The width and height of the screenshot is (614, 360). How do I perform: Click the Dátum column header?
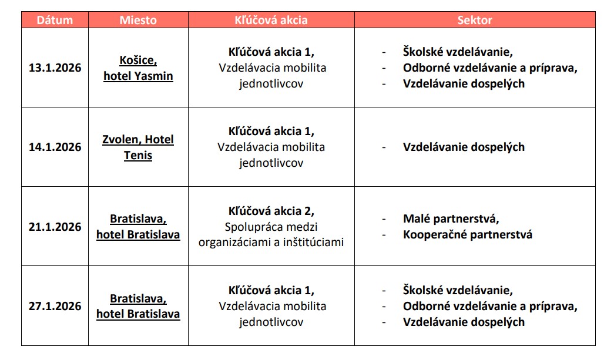pos(55,20)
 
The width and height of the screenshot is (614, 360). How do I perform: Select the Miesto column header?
pos(138,20)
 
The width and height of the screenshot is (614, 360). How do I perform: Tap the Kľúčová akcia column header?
pos(271,20)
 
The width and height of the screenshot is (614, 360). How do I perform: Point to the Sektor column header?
pos(475,20)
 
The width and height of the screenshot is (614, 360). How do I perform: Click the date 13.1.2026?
pos(55,68)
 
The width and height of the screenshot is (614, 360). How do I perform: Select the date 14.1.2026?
pos(55,147)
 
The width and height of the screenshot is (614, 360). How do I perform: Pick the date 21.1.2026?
pos(55,227)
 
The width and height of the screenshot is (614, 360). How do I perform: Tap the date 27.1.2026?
pos(55,306)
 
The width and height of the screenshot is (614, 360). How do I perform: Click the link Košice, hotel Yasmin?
pos(138,68)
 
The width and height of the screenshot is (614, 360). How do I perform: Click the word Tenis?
pos(138,156)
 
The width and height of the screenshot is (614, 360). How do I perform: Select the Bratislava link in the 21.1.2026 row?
pos(138,219)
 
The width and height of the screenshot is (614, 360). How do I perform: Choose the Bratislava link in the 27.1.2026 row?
pos(138,298)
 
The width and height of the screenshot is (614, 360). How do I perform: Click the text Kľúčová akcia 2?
pos(271,211)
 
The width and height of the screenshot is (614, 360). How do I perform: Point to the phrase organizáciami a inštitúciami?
pos(271,242)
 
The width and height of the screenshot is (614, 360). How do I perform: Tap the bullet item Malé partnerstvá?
pos(451,219)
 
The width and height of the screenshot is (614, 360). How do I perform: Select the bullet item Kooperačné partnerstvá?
pos(467,234)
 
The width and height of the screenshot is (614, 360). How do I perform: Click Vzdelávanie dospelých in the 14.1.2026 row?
pos(464,147)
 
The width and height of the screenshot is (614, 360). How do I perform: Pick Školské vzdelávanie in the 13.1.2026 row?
pos(458,52)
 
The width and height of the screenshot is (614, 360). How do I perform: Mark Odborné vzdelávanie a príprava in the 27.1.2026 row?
pos(490,306)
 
